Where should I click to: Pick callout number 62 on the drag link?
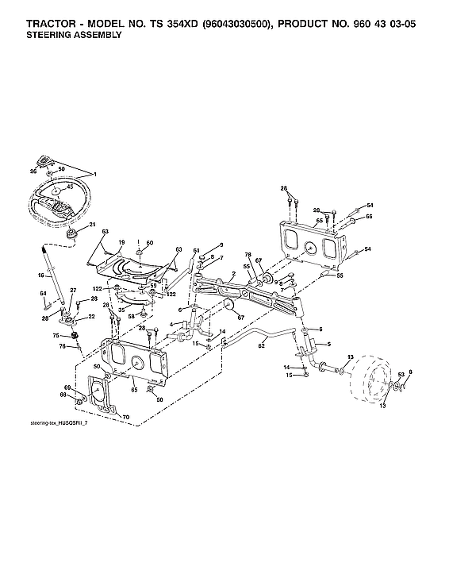[260, 345]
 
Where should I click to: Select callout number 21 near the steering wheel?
[92, 225]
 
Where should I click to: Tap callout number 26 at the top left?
[33, 170]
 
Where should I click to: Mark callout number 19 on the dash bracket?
[122, 242]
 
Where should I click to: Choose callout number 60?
[150, 242]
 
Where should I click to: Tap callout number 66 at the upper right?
[370, 216]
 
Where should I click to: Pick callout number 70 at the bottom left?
[125, 416]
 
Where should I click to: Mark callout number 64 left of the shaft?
[43, 295]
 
